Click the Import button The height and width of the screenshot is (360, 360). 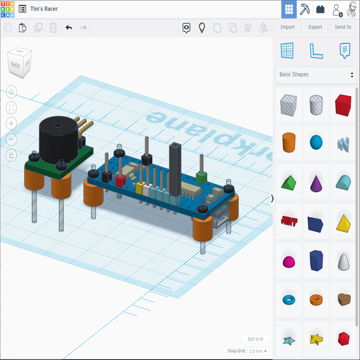(287, 27)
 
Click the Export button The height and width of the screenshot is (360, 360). (315, 27)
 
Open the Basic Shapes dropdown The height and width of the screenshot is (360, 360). (316, 74)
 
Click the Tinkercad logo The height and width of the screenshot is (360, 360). (8, 9)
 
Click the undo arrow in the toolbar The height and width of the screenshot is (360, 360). (69, 27)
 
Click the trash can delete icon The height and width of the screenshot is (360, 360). (53, 27)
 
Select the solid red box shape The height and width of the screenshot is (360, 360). (344, 105)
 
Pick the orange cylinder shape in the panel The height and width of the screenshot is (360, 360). (289, 142)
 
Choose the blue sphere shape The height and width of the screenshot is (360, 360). (316, 142)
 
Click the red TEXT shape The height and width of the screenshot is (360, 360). (289, 221)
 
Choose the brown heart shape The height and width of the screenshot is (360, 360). (344, 299)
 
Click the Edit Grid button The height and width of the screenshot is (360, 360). (255, 339)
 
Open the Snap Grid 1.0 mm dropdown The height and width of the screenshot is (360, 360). (258, 351)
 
